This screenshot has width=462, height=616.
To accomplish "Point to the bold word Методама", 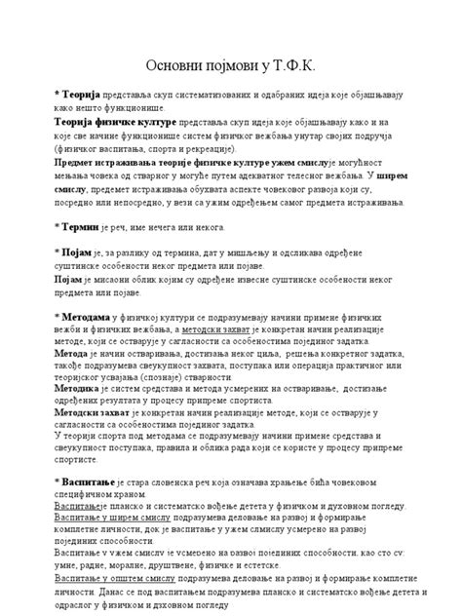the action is (85, 318).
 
